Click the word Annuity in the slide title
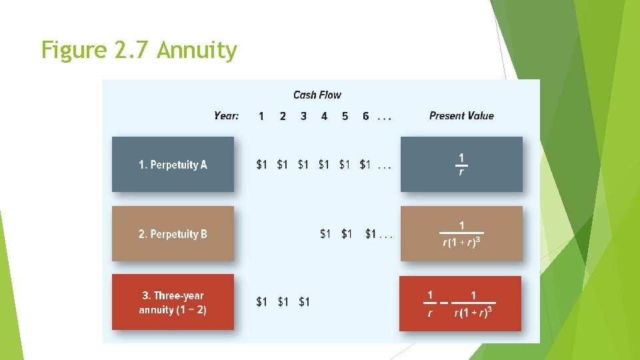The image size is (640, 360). (x=197, y=51)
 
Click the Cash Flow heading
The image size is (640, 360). (x=317, y=95)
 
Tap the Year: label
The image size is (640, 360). (x=226, y=116)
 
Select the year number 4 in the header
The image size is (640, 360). (x=324, y=116)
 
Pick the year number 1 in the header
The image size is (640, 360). (x=261, y=116)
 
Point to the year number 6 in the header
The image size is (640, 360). (x=365, y=116)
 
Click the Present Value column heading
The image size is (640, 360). (x=461, y=116)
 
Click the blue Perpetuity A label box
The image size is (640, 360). (x=173, y=165)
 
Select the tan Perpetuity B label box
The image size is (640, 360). (x=173, y=234)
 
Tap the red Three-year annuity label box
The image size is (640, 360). (x=173, y=303)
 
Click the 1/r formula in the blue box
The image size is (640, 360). (x=461, y=164)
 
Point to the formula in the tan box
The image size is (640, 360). (x=461, y=234)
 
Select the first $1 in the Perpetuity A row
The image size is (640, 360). (x=262, y=165)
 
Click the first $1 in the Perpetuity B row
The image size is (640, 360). (x=325, y=234)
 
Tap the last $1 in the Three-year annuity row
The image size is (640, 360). (x=304, y=302)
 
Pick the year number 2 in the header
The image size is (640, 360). (x=283, y=116)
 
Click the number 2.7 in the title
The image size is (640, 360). (x=135, y=51)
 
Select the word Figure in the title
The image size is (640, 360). (x=73, y=51)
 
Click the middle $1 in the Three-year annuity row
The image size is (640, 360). (x=283, y=302)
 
